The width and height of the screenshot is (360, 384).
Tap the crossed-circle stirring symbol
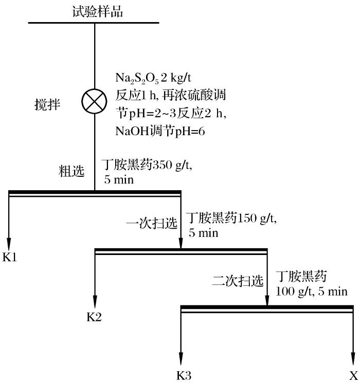coord(95,101)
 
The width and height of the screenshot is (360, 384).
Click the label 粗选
coord(71,172)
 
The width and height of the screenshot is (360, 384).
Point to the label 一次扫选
coord(152,223)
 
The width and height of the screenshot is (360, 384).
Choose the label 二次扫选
coord(238,281)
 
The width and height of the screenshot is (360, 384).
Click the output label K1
coord(10,257)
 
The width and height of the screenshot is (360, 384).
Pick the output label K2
coord(94,316)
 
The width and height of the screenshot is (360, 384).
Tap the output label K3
coord(184,375)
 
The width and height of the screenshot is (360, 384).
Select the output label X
coord(353,375)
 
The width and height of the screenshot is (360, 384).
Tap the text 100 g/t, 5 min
coord(311,291)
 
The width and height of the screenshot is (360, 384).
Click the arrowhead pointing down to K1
coord(9,240)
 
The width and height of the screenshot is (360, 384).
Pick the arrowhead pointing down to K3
coord(182,357)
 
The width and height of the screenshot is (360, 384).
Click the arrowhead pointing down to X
coord(353,357)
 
